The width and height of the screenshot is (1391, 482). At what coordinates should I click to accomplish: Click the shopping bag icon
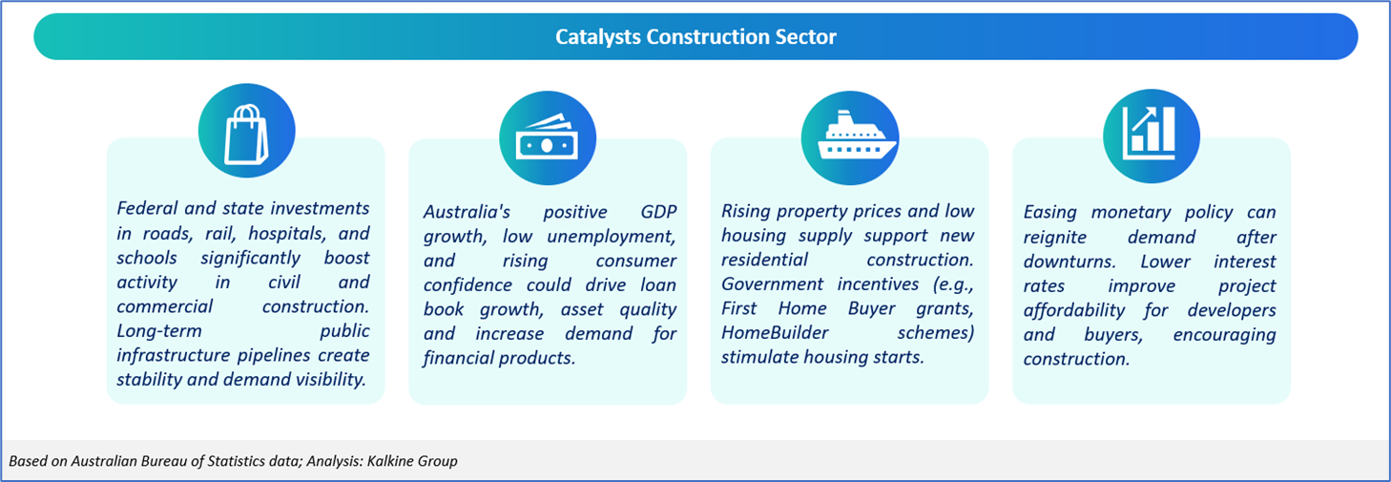pos(246,135)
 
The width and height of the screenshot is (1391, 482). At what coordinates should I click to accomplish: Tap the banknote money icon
pos(547,136)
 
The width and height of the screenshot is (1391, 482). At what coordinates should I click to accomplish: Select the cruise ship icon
pos(857,135)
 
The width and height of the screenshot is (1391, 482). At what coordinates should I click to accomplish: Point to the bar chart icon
pos(1149,133)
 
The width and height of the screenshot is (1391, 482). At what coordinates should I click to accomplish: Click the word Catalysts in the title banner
pos(598,37)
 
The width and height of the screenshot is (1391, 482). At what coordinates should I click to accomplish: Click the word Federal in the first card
pos(148,208)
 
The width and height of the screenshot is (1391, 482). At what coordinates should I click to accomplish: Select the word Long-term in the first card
pos(159,331)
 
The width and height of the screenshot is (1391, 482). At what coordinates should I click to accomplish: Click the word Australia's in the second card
pos(467,212)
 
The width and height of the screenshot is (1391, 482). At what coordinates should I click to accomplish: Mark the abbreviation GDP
pos(658,212)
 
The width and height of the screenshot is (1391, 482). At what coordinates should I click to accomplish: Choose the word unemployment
pos(611,237)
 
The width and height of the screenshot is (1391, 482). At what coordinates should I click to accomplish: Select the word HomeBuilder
pos(775,333)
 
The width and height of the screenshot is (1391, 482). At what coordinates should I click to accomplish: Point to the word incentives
pos(878,284)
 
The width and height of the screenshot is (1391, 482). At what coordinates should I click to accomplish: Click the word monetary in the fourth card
pos(1131,213)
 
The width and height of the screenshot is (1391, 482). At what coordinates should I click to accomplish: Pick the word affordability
pos(1074,310)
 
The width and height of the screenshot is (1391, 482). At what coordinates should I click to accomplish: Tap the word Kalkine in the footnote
pos(390,461)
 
